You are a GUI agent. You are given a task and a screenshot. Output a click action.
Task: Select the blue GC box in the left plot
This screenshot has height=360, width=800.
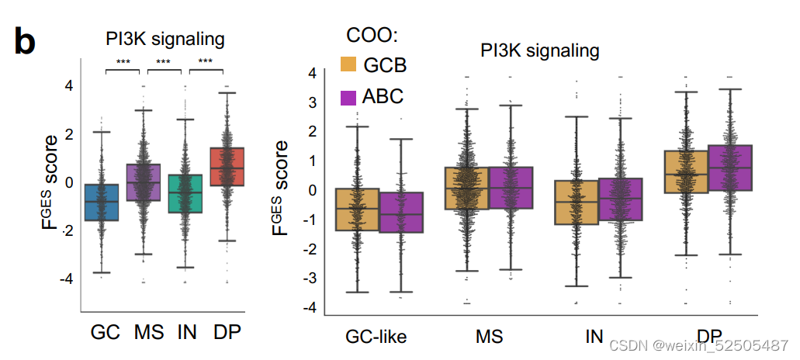point(102,202)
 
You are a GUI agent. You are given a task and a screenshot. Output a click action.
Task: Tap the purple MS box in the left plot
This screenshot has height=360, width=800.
point(144,182)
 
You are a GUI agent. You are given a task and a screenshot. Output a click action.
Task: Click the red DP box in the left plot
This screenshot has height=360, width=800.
point(227,166)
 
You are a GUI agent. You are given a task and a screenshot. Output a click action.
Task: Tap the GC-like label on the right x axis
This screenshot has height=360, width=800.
point(376,337)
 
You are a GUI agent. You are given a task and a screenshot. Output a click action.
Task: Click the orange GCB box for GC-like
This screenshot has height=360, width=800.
point(357,209)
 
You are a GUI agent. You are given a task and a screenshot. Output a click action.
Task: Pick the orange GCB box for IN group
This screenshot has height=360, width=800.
point(577,202)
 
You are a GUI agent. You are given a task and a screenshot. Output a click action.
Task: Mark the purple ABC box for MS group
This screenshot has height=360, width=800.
point(510,188)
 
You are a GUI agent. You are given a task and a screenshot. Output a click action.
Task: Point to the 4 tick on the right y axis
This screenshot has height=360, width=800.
point(311,73)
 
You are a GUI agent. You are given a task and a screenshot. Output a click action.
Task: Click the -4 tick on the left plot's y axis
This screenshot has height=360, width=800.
point(68,278)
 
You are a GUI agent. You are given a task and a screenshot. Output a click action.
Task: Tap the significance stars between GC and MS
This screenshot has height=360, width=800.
point(123,62)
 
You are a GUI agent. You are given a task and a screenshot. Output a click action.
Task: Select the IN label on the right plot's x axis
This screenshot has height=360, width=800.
point(594,337)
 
